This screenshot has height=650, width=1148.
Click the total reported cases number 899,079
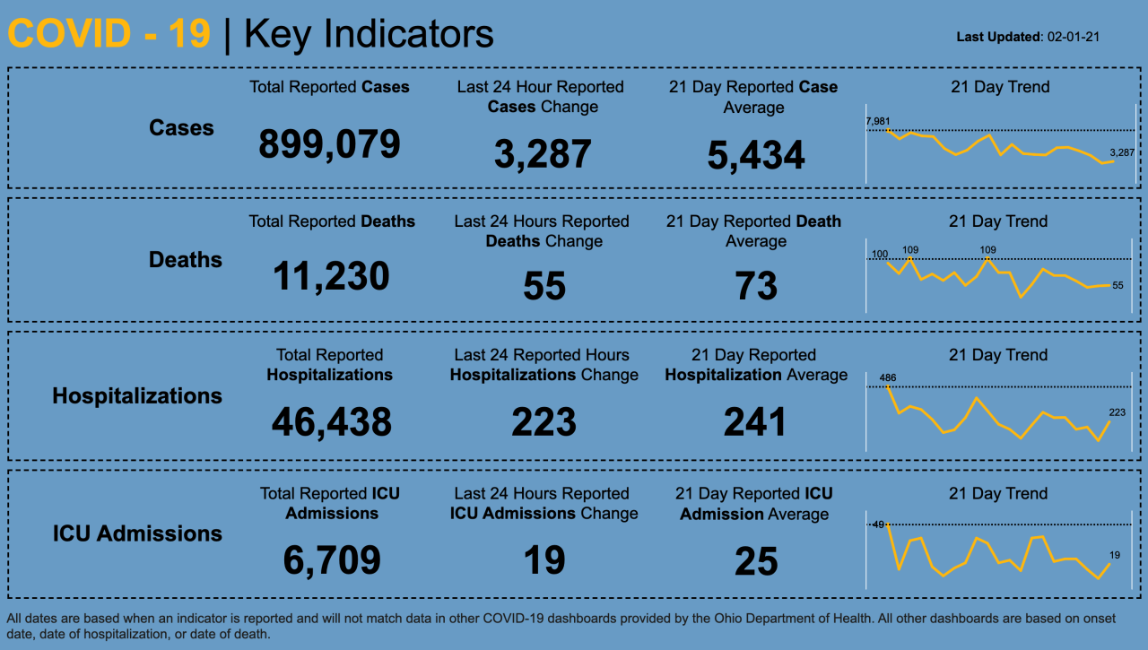[x=329, y=143]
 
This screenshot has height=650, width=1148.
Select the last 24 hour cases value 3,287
[x=543, y=153]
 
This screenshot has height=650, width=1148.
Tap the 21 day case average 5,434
[x=756, y=155]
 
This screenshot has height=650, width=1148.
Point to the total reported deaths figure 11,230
[x=331, y=276]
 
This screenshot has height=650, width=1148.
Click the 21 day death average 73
[x=756, y=286]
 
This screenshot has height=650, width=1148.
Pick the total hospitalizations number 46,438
[x=331, y=421]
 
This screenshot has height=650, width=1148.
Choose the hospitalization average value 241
[x=755, y=421]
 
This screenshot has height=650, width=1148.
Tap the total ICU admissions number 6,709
[x=332, y=560]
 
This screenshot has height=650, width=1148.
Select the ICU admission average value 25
[x=756, y=561]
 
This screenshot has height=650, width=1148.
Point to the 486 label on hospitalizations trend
[x=887, y=377]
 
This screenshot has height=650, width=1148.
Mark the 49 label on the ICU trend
[x=878, y=524]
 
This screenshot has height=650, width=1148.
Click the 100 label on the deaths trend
[x=879, y=255]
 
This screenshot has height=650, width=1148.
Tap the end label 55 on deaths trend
[x=1118, y=285]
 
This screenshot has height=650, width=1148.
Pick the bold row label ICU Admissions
[x=137, y=533]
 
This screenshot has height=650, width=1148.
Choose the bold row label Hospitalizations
[x=137, y=395]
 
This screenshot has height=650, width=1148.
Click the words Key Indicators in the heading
[x=369, y=34]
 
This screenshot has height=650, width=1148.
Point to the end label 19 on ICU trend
[x=1115, y=555]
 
